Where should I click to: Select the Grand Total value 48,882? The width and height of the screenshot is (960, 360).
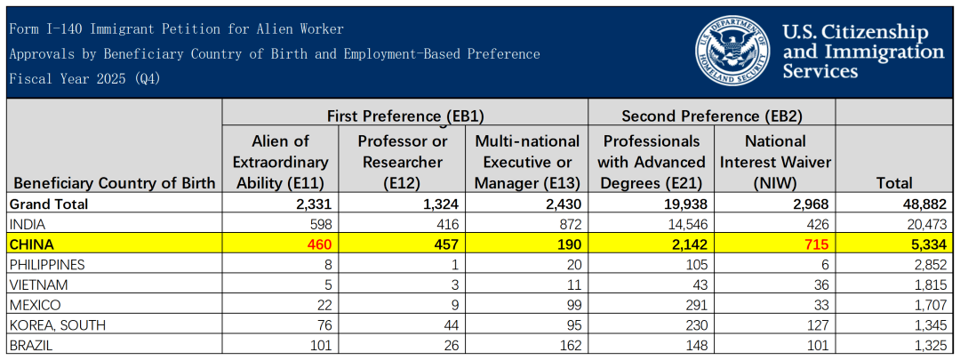(926, 204)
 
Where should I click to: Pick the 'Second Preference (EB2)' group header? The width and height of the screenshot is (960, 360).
(712, 115)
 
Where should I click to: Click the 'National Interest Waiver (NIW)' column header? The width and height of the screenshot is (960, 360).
(776, 163)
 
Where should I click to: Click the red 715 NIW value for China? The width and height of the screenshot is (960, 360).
(818, 245)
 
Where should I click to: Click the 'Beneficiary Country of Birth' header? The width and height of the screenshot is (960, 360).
(115, 183)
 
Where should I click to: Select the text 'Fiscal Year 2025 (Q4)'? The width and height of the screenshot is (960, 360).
(84, 79)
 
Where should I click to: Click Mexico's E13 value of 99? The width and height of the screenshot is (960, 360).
(572, 305)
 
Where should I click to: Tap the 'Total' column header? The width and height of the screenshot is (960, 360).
(894, 183)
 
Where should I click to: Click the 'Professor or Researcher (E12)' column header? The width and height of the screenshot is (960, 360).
(403, 163)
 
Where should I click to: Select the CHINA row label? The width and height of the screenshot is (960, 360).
(31, 245)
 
